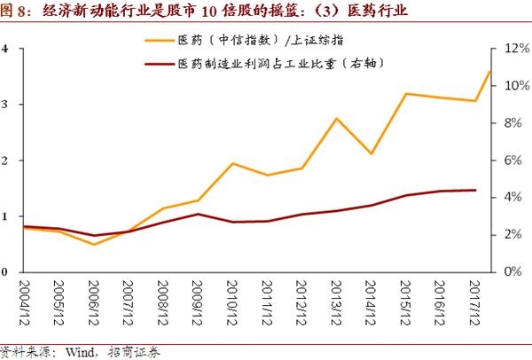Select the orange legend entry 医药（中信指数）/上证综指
[x=258, y=40]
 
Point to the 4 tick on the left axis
[x=5, y=49]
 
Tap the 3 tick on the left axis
[x=5, y=105]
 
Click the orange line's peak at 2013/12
[x=337, y=118]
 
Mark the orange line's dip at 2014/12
[x=372, y=153]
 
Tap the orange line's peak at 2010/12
[x=232, y=163]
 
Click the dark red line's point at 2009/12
[x=198, y=214]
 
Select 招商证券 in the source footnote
[x=132, y=351]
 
